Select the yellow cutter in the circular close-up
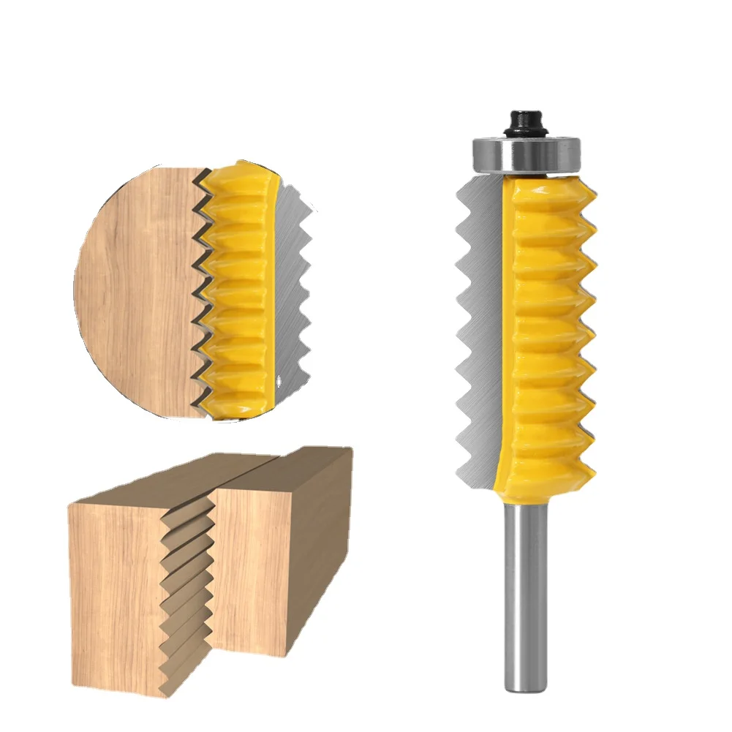coord(234,293)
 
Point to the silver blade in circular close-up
coord(293,293)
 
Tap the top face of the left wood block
coord(168,483)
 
